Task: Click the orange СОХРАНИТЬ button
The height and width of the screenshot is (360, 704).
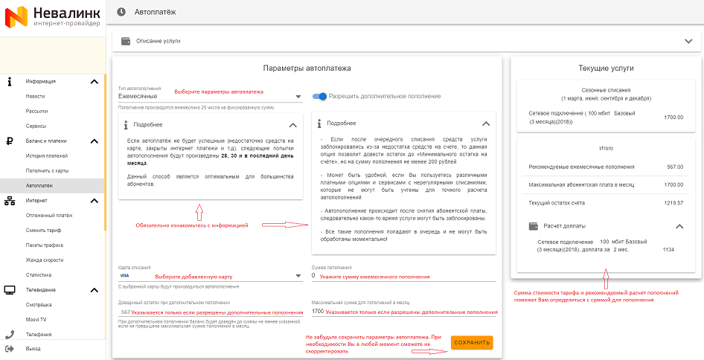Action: coord(472,342)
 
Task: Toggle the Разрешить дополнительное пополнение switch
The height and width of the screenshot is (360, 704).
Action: coord(320,96)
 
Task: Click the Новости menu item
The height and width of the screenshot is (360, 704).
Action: coord(35,96)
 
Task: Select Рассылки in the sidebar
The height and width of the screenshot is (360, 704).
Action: coord(36,111)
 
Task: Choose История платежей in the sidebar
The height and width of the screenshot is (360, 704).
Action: coord(46,155)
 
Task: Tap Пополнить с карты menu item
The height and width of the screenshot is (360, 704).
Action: coord(47,170)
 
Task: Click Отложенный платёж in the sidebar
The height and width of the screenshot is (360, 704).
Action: coord(48,215)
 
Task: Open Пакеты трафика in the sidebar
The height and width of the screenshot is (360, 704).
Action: coord(44,245)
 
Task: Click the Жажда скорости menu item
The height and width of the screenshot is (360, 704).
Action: coord(44,260)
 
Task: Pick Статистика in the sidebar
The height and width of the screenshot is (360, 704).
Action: coord(39,274)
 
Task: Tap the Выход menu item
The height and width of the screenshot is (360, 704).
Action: coord(33,348)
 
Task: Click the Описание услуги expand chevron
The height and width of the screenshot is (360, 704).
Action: coord(687,41)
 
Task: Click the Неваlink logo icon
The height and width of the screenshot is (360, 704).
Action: coord(16,16)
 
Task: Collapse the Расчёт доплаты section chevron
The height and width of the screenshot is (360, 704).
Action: coord(679,225)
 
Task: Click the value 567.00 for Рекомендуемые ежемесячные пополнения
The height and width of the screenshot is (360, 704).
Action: coord(674,167)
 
